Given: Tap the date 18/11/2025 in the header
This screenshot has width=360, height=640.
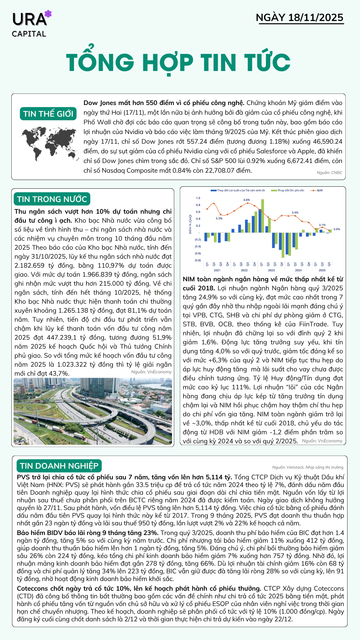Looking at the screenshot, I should click(316, 18).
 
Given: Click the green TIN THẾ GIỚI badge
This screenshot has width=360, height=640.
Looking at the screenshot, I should click(48, 114).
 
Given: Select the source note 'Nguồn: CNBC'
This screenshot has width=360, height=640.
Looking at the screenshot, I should click(329, 173).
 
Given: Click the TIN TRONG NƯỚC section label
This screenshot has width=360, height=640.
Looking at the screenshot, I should click(52, 199).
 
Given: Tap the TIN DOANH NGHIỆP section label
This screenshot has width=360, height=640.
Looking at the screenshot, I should click(59, 466).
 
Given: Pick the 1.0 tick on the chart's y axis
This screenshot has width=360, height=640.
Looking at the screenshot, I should click(198, 198).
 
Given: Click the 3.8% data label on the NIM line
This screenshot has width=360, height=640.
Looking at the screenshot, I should click(246, 200).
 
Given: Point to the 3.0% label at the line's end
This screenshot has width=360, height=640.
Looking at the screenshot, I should click(337, 229).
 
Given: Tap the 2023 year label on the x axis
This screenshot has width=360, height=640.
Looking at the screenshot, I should click(271, 270).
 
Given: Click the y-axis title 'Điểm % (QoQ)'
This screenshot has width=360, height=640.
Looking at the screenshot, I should click(190, 224).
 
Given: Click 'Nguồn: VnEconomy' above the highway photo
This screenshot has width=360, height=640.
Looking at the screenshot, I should click(151, 372).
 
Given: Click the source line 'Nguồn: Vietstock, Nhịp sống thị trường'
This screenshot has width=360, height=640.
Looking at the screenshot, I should click(308, 467).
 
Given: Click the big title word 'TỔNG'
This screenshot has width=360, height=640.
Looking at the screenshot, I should click(100, 62).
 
